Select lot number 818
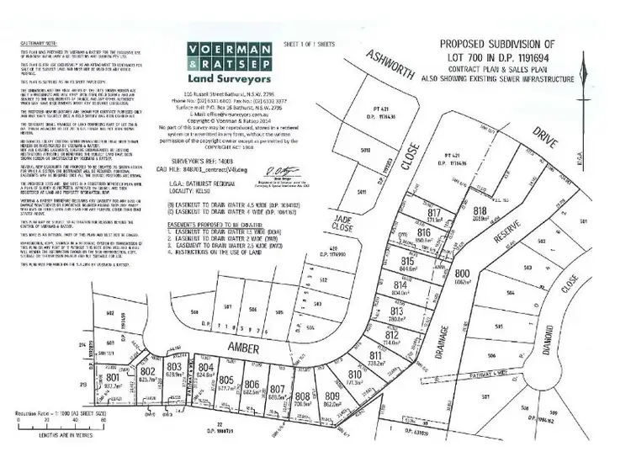tap(480, 211)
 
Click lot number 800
tap(461, 274)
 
